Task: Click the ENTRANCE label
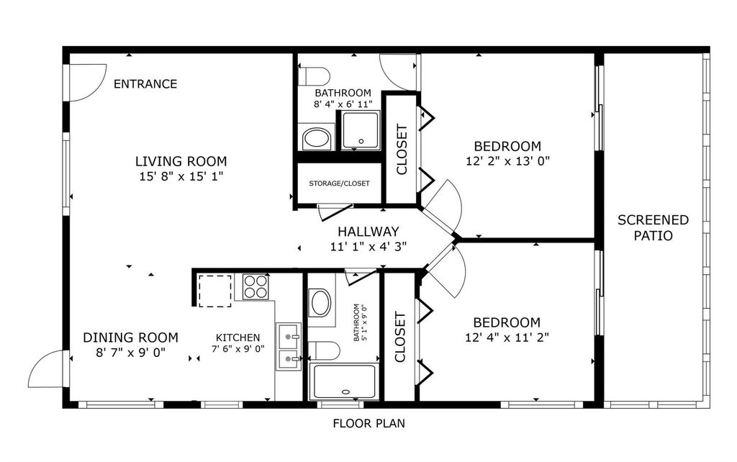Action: tap(145, 84)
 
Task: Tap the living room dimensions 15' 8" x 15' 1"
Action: tap(181, 176)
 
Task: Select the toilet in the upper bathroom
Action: tap(315, 76)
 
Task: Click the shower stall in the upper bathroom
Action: tap(360, 130)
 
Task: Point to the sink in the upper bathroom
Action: tap(315, 137)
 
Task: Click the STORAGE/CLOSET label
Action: tap(339, 184)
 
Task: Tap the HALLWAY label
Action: tap(368, 232)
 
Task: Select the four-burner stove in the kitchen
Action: tap(255, 286)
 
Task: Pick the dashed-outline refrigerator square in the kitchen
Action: tap(214, 291)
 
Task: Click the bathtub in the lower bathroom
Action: tap(343, 381)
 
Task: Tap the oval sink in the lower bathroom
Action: tap(320, 302)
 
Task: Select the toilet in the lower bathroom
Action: tap(323, 350)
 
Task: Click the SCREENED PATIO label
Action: tap(653, 227)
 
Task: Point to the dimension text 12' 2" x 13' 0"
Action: tap(507, 160)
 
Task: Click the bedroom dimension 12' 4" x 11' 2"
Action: tap(507, 337)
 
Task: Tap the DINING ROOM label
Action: tap(130, 338)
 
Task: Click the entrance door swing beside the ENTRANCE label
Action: tap(85, 80)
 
